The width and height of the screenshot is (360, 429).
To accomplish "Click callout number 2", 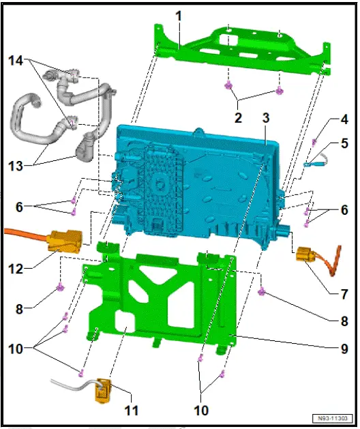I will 238,117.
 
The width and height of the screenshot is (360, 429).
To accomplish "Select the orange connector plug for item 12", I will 67,241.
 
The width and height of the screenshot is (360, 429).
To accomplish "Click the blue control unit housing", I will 205,177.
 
